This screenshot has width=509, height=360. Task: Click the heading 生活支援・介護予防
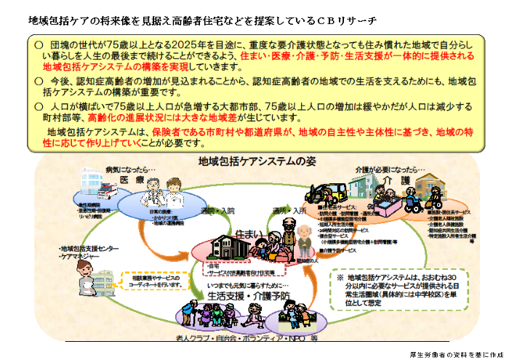(x=249, y=295)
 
